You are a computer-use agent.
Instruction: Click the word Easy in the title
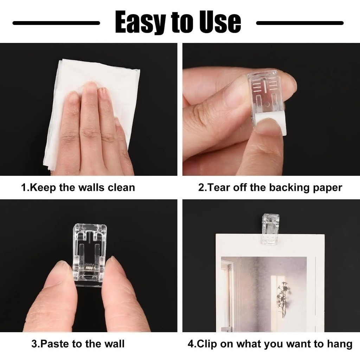(140, 22)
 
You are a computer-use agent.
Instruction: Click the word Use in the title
(220, 22)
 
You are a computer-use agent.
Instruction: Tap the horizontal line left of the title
(56, 23)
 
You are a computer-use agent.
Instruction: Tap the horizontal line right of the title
(300, 23)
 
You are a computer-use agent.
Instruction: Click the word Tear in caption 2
(219, 187)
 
